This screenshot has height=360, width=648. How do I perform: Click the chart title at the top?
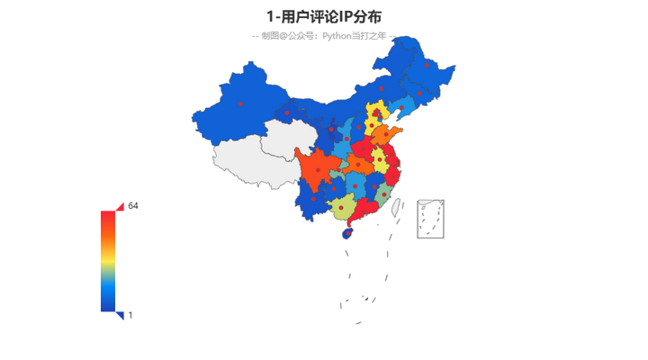[324, 16]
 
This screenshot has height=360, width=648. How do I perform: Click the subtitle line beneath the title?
[324, 36]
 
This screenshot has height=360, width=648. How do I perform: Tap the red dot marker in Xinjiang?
[241, 104]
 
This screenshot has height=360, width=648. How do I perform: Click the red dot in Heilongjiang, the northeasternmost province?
[427, 65]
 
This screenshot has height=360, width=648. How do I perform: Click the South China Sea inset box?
[430, 219]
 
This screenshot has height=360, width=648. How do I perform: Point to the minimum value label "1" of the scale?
[131, 315]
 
